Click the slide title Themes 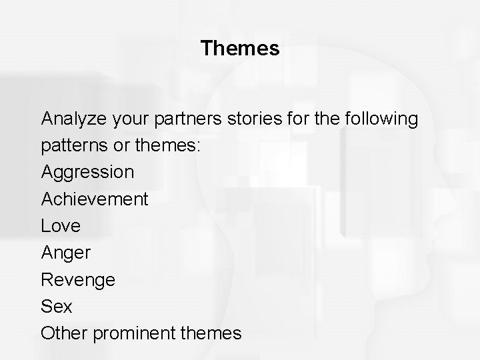pos(240,48)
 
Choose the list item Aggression pos(87,173)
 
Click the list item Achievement pos(95,199)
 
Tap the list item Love pos(61,226)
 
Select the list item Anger pos(66,253)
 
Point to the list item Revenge pos(78,279)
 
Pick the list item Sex pos(57,306)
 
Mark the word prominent pos(135,333)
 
